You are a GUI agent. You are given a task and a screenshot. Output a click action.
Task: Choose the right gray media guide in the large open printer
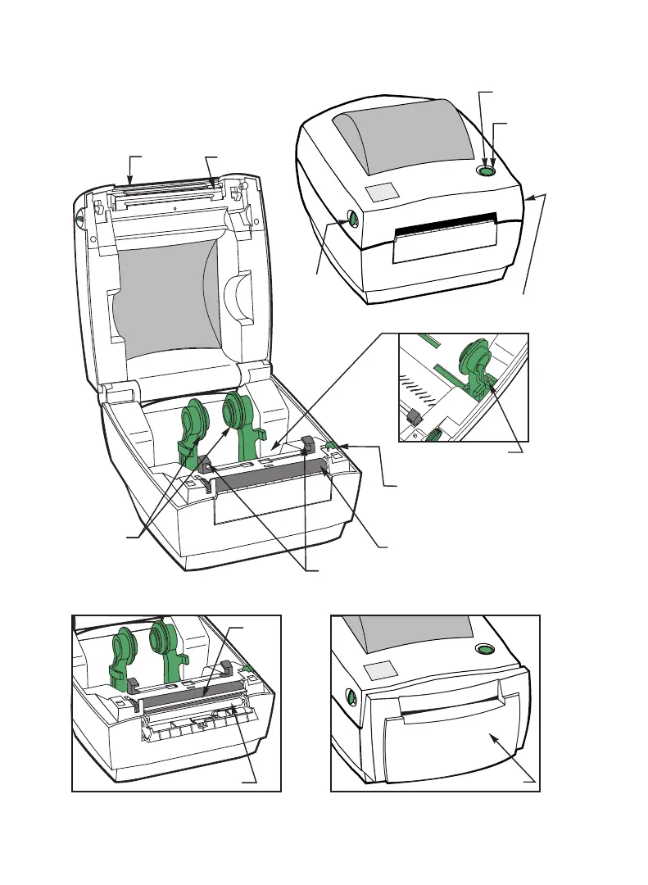[x=308, y=445]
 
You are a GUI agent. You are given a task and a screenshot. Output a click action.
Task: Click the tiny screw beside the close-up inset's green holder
[x=490, y=379]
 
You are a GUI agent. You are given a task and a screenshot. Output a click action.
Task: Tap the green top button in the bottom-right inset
[x=484, y=651]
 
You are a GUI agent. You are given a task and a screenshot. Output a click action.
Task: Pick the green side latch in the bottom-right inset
[x=351, y=697]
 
